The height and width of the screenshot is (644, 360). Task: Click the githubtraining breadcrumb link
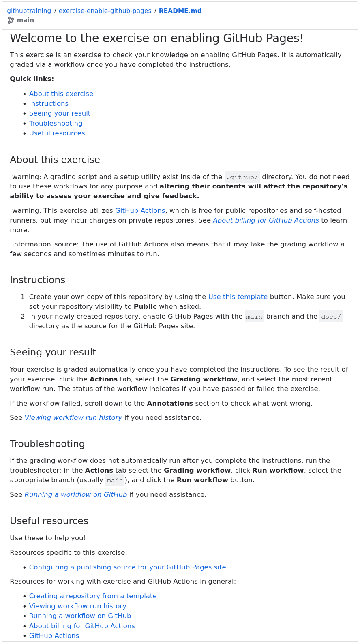point(29,11)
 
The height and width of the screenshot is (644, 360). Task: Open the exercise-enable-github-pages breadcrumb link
point(105,11)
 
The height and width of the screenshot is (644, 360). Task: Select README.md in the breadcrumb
point(180,11)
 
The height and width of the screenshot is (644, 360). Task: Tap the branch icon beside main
point(11,20)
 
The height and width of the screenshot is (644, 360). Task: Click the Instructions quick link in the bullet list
point(49,104)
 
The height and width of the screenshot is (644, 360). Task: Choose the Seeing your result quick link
point(60,113)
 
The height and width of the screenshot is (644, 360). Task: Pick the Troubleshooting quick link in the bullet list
point(56,124)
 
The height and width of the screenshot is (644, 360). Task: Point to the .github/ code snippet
point(242,177)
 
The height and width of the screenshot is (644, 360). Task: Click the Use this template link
point(238,297)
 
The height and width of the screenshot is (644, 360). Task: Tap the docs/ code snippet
point(331,317)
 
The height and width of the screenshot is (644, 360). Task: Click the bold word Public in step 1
point(145,307)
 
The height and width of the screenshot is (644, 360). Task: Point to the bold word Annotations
point(170,404)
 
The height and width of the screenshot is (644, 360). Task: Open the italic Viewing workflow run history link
point(73,418)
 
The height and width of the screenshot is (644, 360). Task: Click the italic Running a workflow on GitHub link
point(75,495)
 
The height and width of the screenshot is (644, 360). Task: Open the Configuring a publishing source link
point(127,567)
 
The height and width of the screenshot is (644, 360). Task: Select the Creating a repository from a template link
point(93,596)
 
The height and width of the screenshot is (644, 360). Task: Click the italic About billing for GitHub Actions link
point(266,220)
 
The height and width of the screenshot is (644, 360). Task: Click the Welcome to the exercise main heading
point(156,39)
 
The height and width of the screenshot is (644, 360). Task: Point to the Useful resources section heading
point(49,521)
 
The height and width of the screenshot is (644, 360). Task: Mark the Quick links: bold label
point(32,79)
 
